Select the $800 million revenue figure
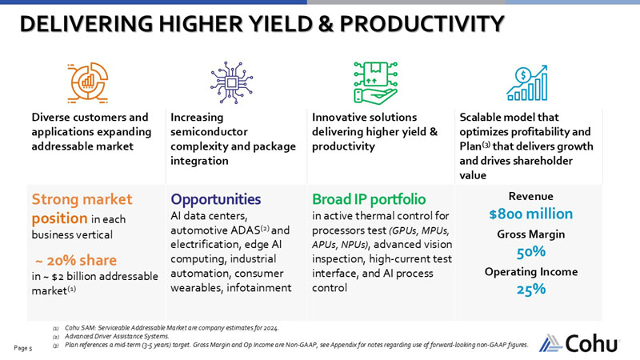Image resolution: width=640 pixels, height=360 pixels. click(x=530, y=214)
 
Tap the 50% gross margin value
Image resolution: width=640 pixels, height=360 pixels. click(x=530, y=252)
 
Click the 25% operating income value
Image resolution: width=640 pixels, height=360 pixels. click(x=530, y=290)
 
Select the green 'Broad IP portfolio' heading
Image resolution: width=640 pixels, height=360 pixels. click(x=369, y=199)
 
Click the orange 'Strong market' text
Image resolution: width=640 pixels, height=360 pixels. click(x=81, y=198)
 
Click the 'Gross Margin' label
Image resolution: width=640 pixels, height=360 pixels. click(x=530, y=234)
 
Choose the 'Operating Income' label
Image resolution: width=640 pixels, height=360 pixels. click(x=530, y=272)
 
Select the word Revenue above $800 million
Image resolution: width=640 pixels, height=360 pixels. click(x=530, y=196)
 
